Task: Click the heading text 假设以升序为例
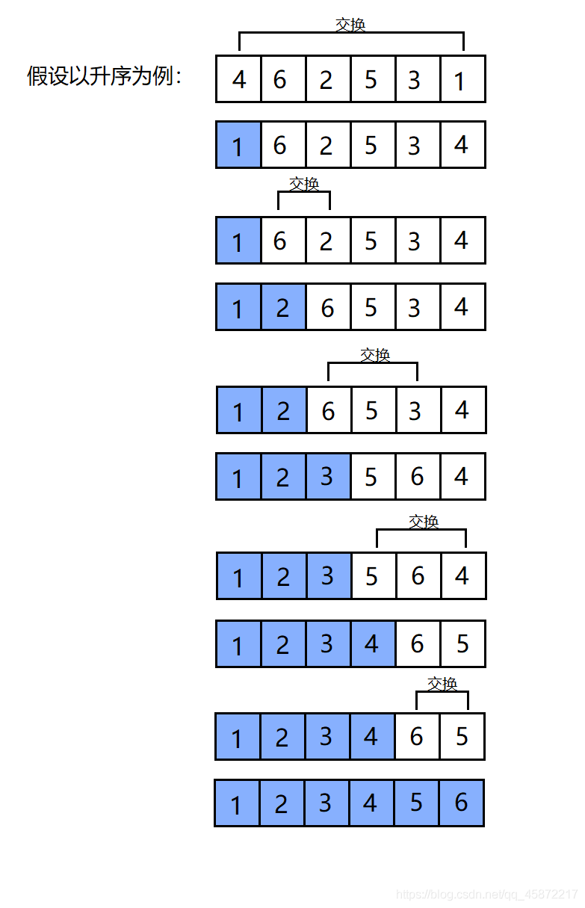[x=103, y=75]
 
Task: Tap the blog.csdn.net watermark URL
[x=487, y=894]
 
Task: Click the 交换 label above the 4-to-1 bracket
[x=350, y=25]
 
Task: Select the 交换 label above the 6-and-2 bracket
[x=304, y=184]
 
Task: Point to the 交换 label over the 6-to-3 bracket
[x=375, y=355]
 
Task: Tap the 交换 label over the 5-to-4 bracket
[x=424, y=522]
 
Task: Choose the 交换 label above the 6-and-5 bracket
[x=442, y=684]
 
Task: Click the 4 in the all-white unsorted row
[x=239, y=79]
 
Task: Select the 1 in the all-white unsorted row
[x=459, y=81]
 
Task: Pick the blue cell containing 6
[x=462, y=803]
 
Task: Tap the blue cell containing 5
[x=416, y=803]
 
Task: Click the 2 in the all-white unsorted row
[x=326, y=80]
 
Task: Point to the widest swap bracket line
[x=351, y=32]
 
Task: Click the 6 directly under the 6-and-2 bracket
[x=280, y=241]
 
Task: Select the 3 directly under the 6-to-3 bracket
[x=415, y=411]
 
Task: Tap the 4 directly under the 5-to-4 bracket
[x=462, y=575]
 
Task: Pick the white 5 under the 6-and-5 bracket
[x=462, y=737]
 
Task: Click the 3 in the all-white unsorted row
[x=414, y=80]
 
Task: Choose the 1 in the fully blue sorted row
[x=236, y=805]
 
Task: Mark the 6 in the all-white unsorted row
[x=280, y=79]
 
